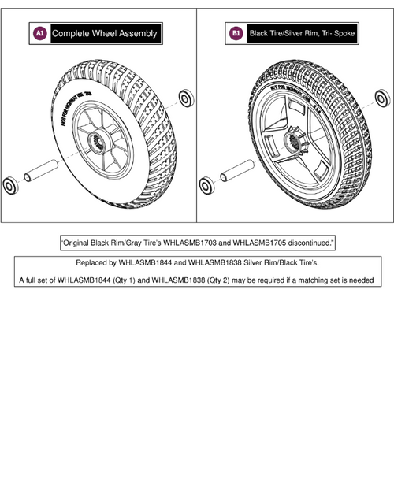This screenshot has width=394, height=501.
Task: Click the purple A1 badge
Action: point(39,33)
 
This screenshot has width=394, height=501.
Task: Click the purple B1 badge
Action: point(236,33)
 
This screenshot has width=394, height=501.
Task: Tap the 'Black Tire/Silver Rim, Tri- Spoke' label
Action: point(302,33)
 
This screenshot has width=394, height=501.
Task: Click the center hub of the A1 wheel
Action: point(101,143)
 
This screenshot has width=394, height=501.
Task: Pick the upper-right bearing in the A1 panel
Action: point(187,98)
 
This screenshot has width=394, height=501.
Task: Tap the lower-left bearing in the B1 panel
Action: point(206,187)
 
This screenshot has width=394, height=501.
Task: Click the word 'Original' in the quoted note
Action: point(77,244)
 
